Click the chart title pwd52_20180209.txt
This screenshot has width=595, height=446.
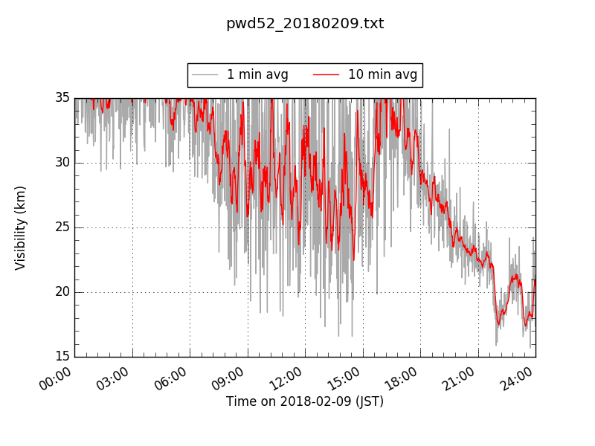coord(305,24)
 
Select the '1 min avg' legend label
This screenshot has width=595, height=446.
coord(257,75)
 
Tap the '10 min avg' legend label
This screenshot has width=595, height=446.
coord(382,75)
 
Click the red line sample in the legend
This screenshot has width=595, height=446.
coord(326,75)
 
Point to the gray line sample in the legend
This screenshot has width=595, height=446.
coord(205,75)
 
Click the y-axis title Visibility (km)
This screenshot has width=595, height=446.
coord(21,227)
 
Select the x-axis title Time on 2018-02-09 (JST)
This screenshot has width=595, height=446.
coord(305,401)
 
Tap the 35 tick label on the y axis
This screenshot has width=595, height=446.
coord(62,98)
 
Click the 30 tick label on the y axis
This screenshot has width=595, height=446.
coord(62,163)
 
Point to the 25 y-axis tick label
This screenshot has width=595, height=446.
coord(62,227)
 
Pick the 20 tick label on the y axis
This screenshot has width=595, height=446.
coord(62,292)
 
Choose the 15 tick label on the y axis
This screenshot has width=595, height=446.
coord(62,357)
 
